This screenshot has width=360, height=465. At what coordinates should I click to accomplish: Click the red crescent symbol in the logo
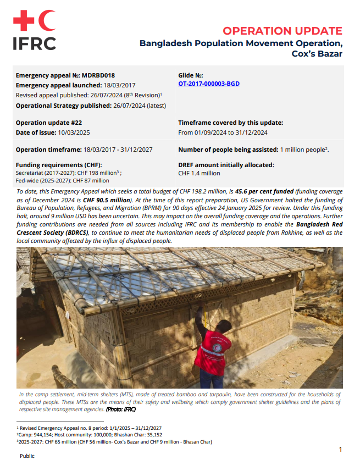48,21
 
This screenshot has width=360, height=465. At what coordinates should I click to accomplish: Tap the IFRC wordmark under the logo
34,43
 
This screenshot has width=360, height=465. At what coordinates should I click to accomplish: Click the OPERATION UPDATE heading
282,31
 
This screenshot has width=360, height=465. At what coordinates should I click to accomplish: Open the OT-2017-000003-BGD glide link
209,84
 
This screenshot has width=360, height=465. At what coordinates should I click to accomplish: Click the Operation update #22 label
49,123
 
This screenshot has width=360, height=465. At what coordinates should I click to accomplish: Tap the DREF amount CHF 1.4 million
199,173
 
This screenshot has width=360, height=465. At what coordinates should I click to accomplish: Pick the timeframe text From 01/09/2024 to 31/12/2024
223,132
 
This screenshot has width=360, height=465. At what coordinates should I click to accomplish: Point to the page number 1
341,450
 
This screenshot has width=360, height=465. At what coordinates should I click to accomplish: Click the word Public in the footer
27,456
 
